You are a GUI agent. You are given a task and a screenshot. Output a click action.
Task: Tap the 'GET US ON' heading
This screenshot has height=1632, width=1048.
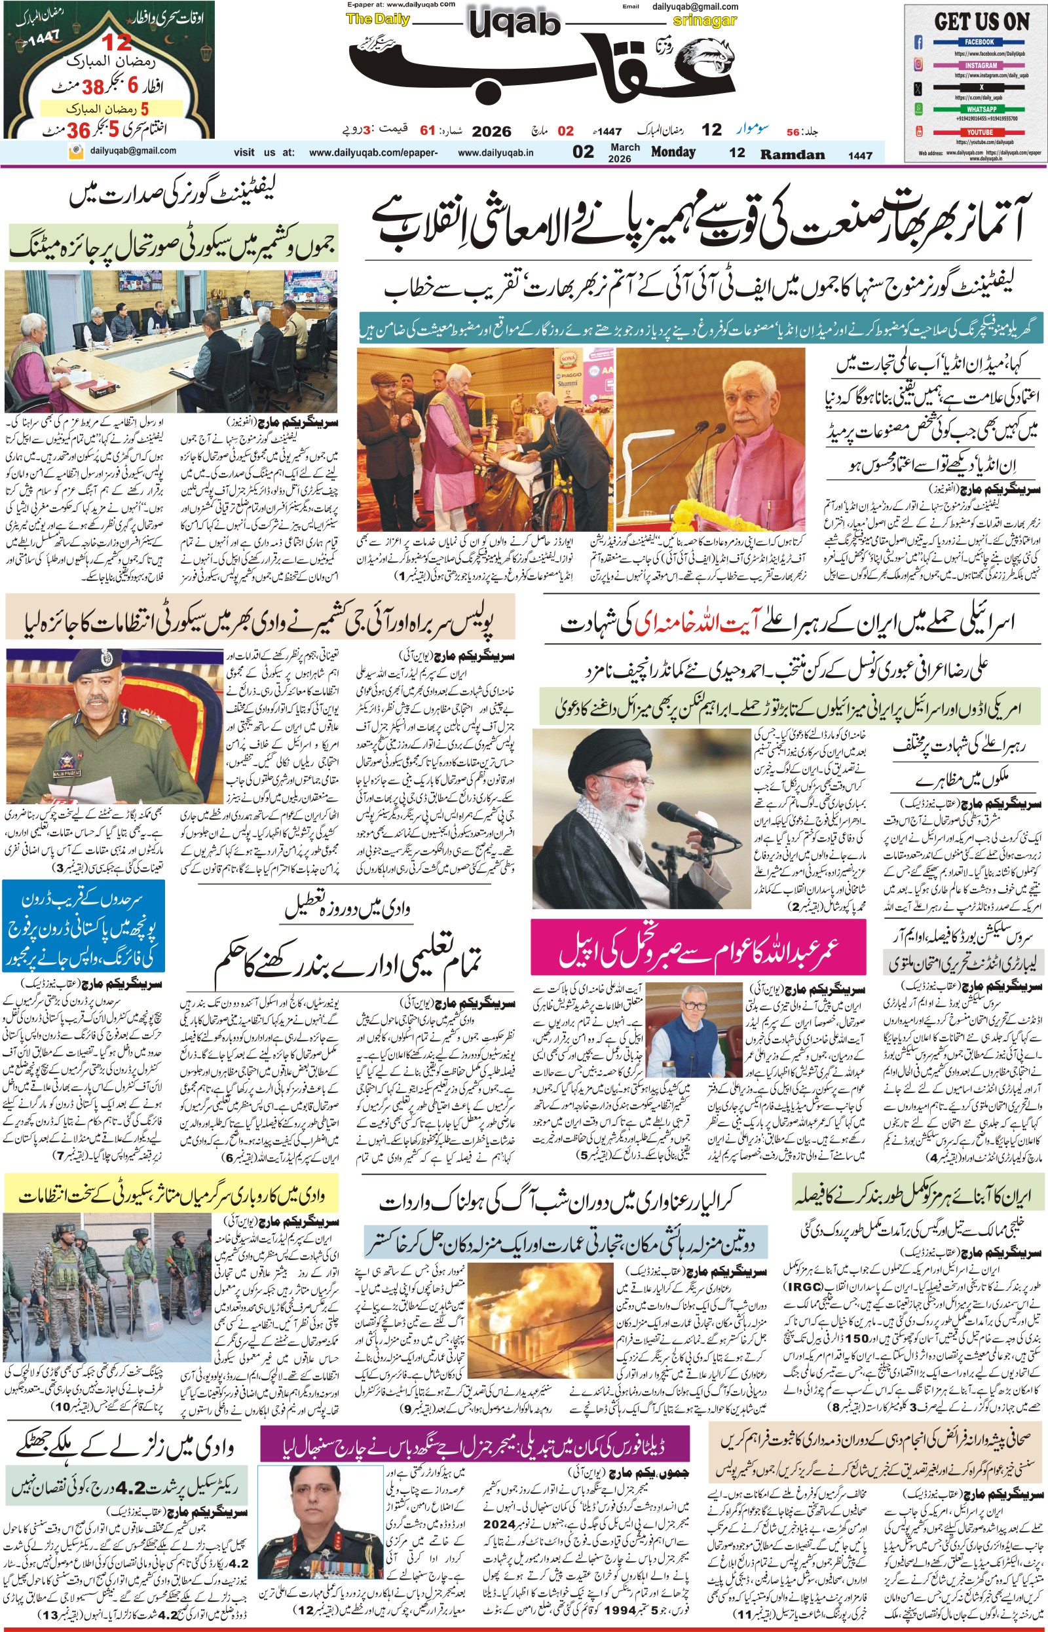coord(981,22)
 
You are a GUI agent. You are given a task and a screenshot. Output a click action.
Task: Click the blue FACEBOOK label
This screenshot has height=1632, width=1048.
coord(979,42)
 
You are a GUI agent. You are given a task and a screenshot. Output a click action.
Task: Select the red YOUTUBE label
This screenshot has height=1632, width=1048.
coord(979,133)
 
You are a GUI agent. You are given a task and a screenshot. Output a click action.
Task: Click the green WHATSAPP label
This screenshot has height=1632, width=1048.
coord(981,109)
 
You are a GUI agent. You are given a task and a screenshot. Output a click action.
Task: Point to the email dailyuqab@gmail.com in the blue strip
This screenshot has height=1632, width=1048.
coord(133,151)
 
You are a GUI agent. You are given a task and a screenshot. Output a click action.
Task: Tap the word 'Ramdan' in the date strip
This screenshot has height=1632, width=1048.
coord(792,154)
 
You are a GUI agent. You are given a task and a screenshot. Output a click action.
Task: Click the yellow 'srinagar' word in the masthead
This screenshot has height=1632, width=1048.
coord(705,20)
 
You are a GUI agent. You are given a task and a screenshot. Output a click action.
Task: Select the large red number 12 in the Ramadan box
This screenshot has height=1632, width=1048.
coord(117,42)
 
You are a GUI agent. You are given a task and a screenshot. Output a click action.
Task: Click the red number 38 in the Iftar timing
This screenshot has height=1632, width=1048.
coord(93,87)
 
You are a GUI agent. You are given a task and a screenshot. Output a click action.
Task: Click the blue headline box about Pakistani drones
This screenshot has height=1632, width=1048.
coord(83,925)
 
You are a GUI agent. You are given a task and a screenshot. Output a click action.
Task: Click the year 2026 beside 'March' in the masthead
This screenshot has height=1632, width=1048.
coord(619,158)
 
